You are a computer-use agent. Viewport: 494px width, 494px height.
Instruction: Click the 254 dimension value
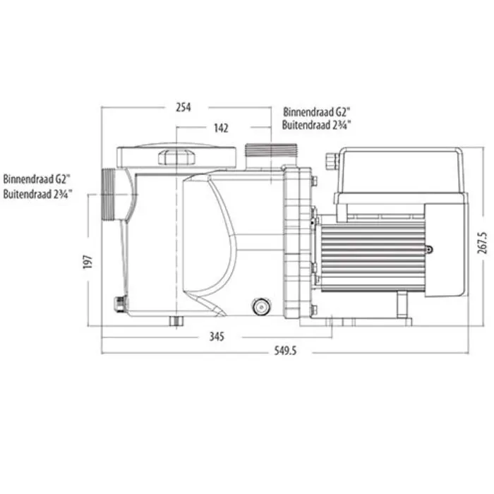point(183,107)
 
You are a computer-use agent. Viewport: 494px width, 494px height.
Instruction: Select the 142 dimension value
point(221,128)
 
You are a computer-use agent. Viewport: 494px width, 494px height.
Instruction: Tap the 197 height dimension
point(88,262)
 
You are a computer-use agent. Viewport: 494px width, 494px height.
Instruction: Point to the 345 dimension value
point(217,337)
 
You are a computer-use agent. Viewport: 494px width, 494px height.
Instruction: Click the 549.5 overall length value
point(285,351)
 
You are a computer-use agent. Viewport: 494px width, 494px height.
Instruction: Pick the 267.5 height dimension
point(482,243)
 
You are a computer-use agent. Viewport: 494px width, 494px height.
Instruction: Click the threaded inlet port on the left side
point(109,195)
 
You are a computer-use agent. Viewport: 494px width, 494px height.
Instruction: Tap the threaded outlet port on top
point(271,150)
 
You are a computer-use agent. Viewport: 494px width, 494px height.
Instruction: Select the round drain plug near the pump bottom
point(261,306)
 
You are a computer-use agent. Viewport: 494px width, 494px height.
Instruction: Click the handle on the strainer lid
point(176,157)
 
